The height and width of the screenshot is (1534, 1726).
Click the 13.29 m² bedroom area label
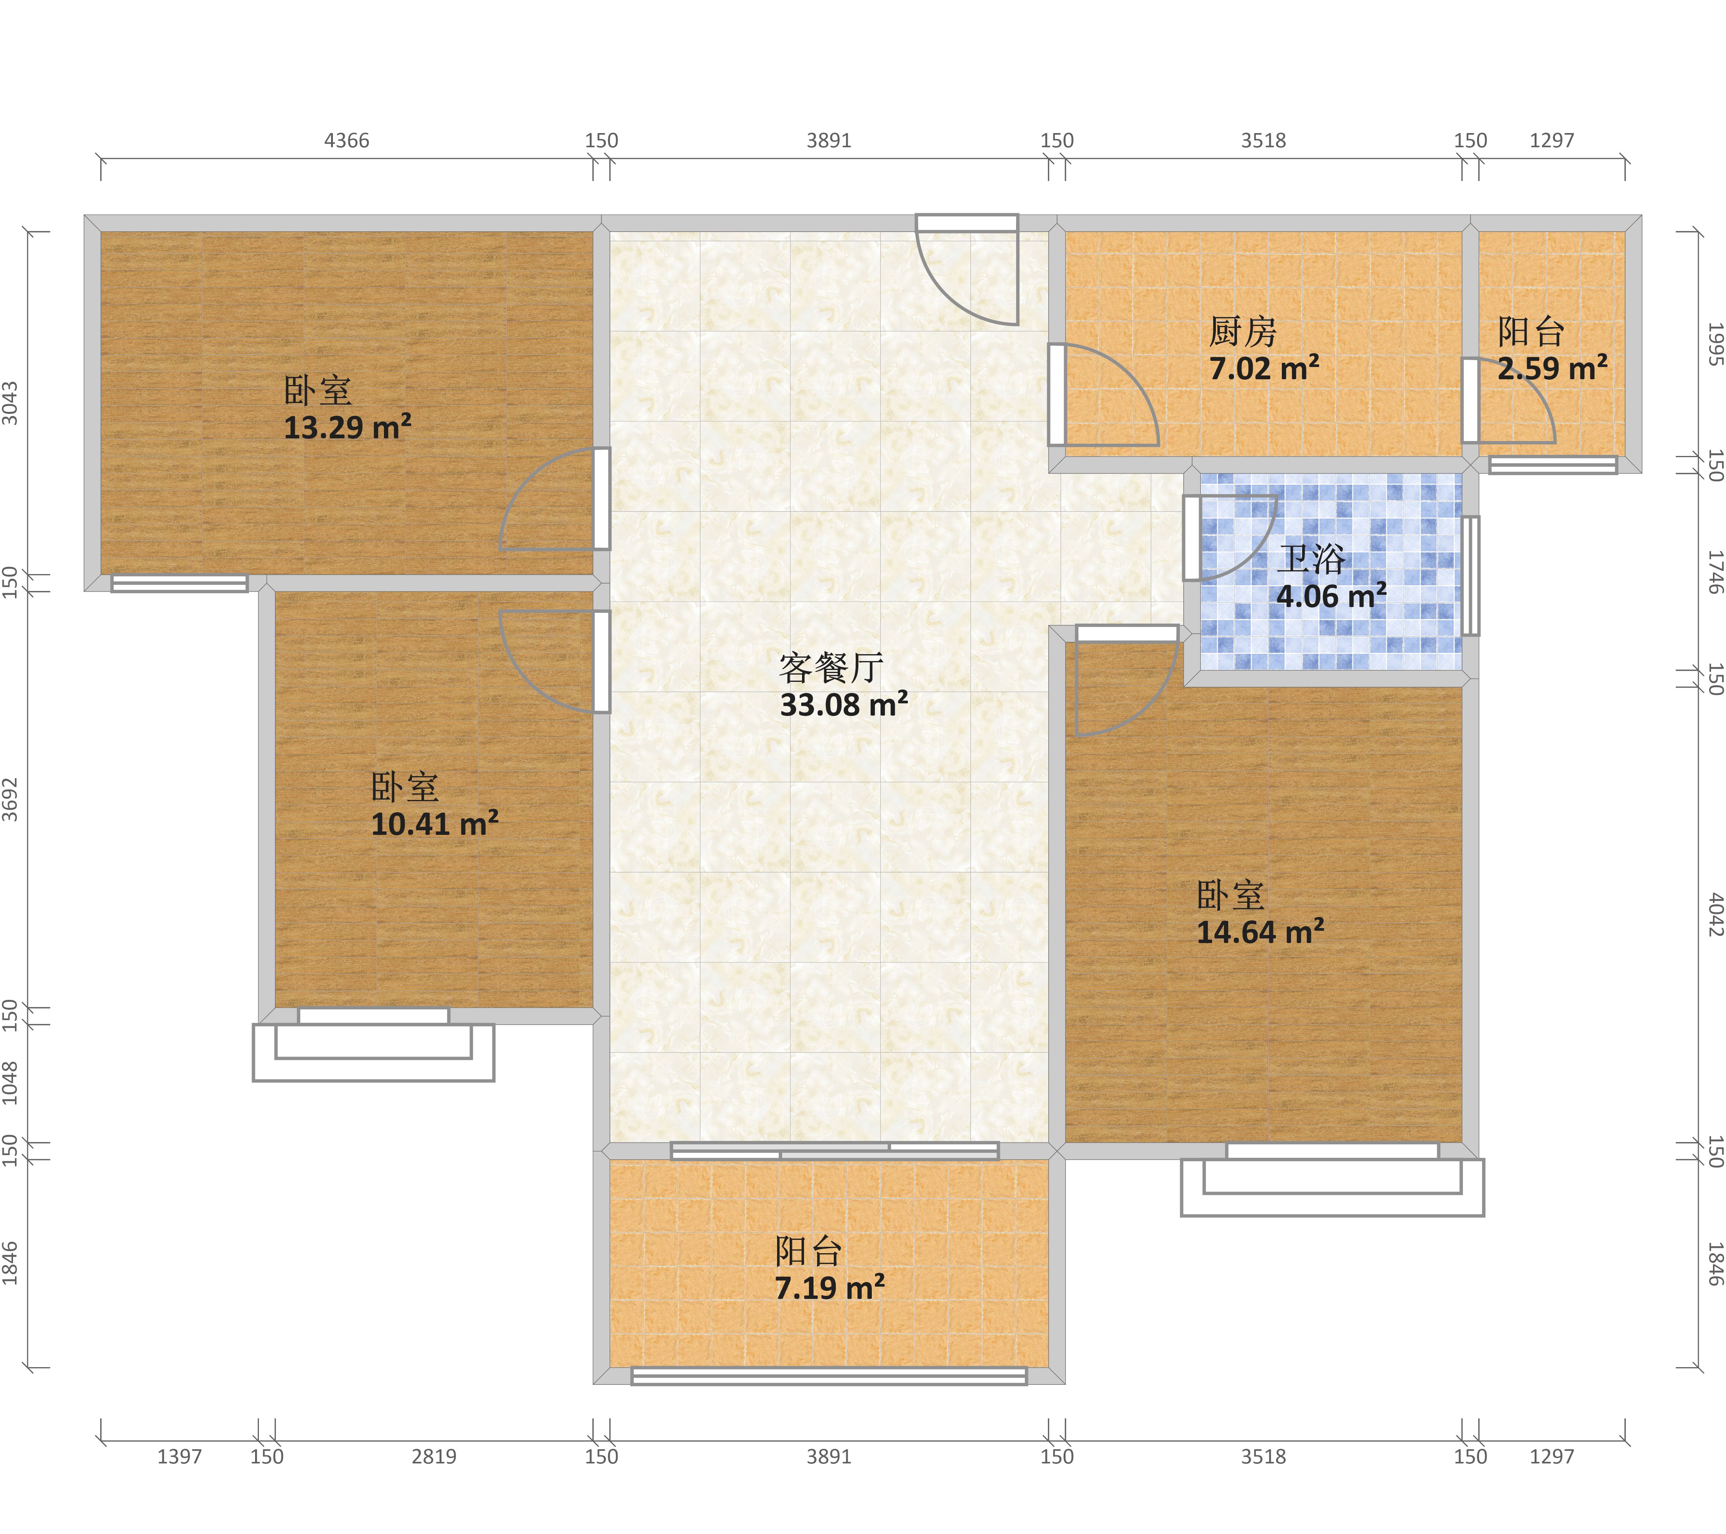click(347, 427)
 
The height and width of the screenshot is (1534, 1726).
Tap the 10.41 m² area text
click(435, 823)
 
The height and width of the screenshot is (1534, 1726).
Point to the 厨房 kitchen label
click(1242, 332)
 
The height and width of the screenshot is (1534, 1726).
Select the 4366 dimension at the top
click(347, 140)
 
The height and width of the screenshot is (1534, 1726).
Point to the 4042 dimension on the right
click(1715, 914)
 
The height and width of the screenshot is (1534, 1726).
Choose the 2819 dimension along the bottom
click(434, 1456)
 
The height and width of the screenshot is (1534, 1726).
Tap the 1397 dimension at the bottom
click(180, 1456)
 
